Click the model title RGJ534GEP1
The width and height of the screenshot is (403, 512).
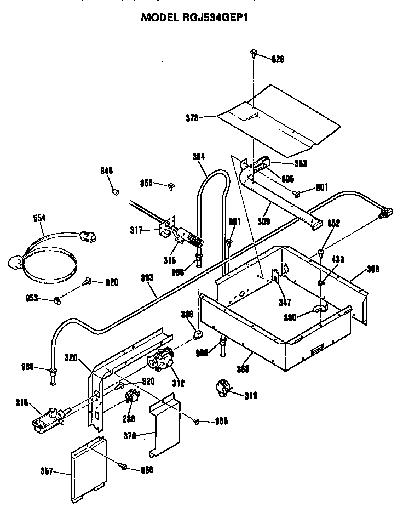click(x=195, y=17)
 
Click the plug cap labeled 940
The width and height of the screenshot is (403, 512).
click(x=115, y=192)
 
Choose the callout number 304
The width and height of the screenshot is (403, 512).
click(x=198, y=157)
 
